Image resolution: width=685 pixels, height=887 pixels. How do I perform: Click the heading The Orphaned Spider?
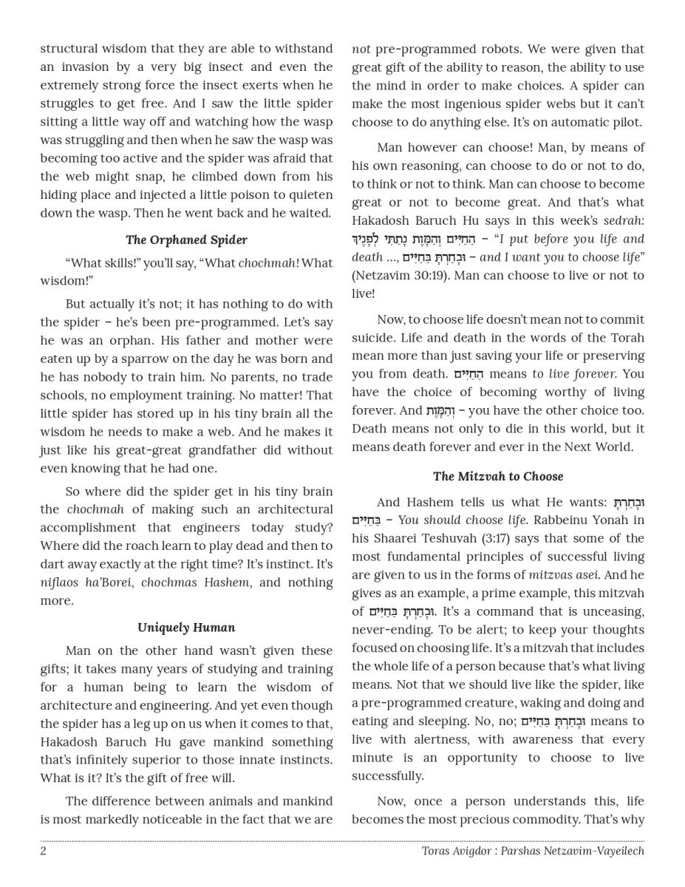[x=186, y=239]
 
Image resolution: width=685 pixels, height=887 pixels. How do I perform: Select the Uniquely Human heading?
[x=186, y=628]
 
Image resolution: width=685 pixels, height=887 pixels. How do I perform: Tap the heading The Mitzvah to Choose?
[x=498, y=476]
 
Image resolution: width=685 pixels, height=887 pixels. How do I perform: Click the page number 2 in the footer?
[x=44, y=851]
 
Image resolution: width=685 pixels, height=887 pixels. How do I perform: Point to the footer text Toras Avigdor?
[x=455, y=851]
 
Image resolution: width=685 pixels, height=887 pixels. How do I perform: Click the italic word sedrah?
[x=623, y=220]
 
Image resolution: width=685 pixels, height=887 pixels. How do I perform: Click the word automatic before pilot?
[x=575, y=122]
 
